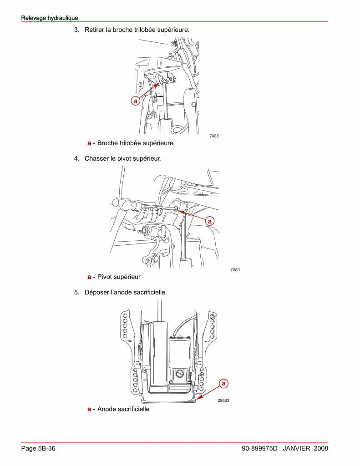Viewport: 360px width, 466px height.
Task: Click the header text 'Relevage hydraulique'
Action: pyautogui.click(x=50, y=18)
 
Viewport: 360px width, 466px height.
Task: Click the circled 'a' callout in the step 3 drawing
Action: pyautogui.click(x=135, y=101)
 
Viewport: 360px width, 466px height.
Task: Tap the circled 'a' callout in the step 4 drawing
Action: pyautogui.click(x=210, y=221)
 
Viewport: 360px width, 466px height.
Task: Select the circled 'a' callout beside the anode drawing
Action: pyautogui.click(x=223, y=384)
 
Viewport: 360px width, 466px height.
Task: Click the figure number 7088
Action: pyautogui.click(x=214, y=136)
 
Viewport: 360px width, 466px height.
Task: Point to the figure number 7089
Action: pyautogui.click(x=235, y=270)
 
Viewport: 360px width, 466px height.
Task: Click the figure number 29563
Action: pyautogui.click(x=223, y=400)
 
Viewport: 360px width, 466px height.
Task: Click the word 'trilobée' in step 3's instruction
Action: pyautogui.click(x=132, y=30)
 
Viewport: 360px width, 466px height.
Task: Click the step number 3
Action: pyautogui.click(x=76, y=30)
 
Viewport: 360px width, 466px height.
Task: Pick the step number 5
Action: pyautogui.click(x=76, y=292)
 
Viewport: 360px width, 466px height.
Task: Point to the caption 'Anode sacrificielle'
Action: pyautogui.click(x=123, y=409)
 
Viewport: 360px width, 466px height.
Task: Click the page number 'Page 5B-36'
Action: pyautogui.click(x=39, y=449)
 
